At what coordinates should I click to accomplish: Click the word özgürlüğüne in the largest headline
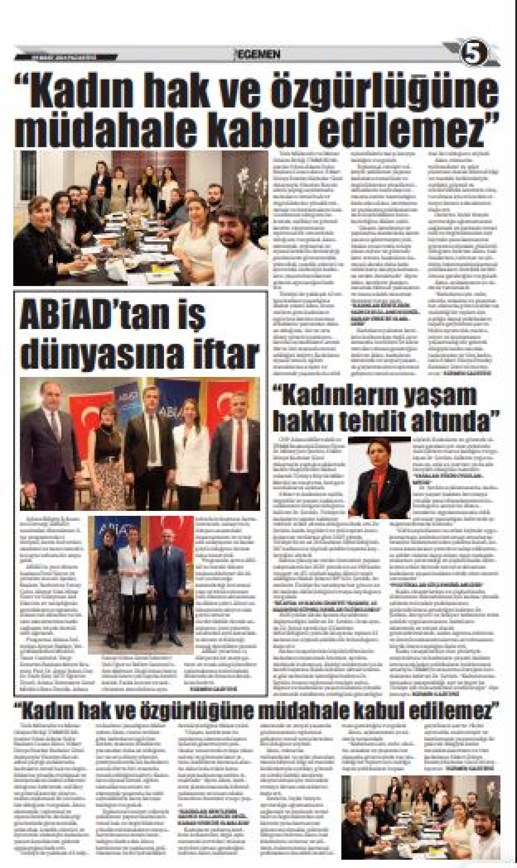pos(380,92)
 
